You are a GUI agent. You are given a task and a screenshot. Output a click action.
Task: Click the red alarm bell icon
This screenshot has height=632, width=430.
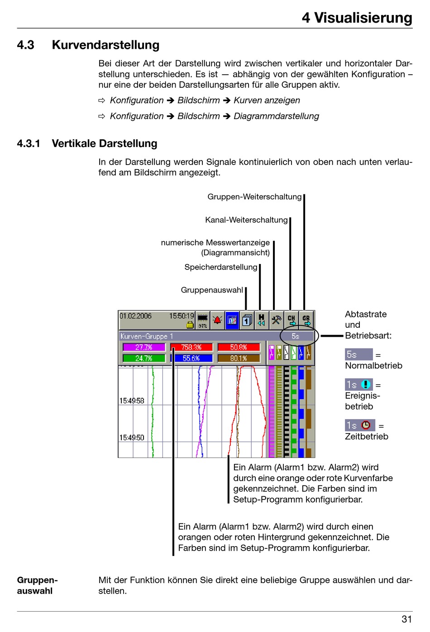coord(217,320)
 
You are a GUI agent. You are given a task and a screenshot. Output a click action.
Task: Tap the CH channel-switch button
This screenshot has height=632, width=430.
coord(291,320)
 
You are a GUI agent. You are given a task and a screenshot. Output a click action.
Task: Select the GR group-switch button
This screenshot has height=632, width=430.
coord(306,320)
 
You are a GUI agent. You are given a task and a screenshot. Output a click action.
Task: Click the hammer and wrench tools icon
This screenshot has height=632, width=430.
coord(276,320)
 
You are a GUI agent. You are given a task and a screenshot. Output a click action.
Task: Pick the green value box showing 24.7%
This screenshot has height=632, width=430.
coord(144,358)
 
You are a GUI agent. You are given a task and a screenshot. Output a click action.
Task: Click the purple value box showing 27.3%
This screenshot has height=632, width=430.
coord(144,347)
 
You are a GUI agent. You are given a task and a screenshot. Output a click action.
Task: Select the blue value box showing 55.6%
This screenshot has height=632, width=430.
coord(191,358)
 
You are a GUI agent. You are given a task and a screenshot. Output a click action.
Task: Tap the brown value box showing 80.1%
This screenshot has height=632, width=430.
coord(239,358)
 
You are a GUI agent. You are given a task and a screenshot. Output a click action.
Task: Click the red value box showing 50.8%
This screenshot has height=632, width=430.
coord(239,347)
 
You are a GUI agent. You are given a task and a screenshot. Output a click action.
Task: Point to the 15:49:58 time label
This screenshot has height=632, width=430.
coord(132,401)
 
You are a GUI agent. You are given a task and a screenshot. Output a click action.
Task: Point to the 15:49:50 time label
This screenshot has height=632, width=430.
coord(132,438)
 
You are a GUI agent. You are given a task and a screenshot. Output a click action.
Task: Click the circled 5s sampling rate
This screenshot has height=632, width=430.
coord(296,336)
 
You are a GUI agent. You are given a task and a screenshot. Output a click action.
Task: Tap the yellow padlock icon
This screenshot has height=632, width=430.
coord(190,325)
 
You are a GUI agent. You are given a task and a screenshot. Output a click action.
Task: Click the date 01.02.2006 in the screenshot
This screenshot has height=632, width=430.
coord(135,316)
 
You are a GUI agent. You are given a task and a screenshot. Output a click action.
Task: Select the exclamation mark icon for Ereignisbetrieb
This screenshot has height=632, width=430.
coord(366,385)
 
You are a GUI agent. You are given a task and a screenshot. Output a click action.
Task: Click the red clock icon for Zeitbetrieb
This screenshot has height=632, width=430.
coord(366,425)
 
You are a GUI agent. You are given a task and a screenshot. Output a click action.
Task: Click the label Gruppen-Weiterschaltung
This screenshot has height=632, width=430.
coord(254,197)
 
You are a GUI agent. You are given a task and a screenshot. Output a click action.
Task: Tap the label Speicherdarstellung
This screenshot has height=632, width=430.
coord(221,267)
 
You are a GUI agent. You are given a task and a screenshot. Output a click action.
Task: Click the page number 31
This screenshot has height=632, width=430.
coord(406,619)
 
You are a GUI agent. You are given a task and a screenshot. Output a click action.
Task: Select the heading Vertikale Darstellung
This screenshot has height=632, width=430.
coord(105,143)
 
